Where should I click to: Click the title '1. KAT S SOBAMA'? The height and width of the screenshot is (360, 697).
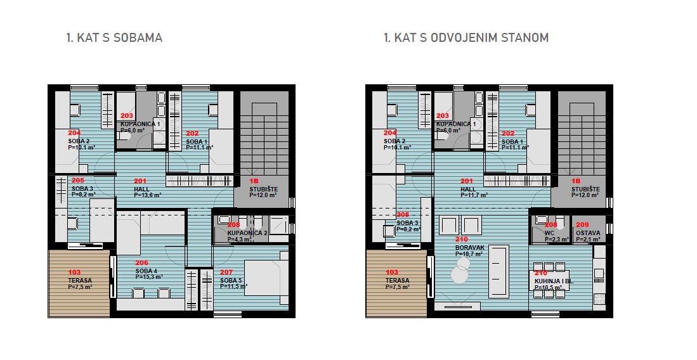click(x=114, y=38)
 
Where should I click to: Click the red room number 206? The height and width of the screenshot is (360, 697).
click(x=141, y=262)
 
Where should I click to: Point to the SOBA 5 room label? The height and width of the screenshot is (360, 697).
click(x=230, y=280)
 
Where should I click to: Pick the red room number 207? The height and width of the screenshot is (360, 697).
click(x=226, y=273)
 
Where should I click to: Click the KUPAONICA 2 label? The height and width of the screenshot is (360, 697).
click(x=248, y=233)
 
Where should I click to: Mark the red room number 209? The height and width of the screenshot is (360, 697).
click(x=582, y=224)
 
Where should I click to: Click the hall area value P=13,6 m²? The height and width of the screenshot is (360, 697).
click(x=147, y=195)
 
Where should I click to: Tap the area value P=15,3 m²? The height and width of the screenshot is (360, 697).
click(x=149, y=277)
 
